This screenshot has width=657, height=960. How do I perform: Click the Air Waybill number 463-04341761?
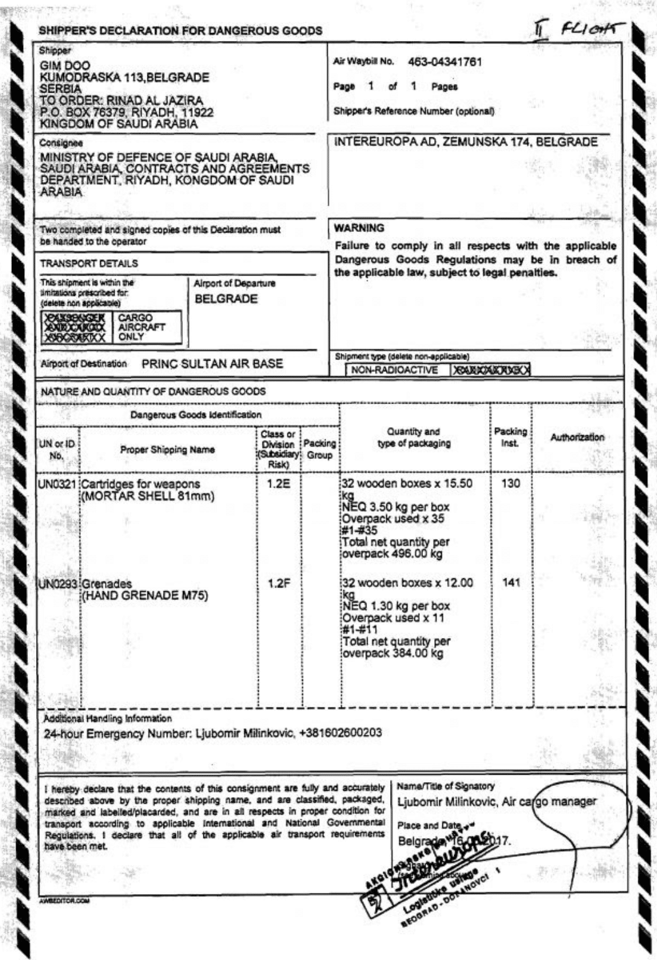(x=445, y=62)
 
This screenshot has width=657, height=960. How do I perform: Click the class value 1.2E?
(x=279, y=484)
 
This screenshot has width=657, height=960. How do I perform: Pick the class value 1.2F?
(x=279, y=584)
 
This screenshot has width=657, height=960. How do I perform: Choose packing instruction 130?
(x=510, y=483)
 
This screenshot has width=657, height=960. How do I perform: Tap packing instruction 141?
(x=510, y=583)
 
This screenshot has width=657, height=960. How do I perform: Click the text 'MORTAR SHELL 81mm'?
(x=149, y=496)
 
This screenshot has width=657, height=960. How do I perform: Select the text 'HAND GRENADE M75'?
(x=146, y=596)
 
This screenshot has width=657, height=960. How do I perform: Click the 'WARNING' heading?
(x=359, y=228)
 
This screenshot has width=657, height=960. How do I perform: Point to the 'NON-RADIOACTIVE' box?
(x=393, y=370)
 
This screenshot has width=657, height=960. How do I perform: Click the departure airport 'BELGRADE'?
(x=226, y=299)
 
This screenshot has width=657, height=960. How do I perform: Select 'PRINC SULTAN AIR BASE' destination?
(x=212, y=364)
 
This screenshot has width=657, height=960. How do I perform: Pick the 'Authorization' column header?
(x=577, y=437)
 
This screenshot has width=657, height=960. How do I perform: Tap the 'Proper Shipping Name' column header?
(x=167, y=450)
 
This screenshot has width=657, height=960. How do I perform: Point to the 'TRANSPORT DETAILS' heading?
(x=89, y=264)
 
